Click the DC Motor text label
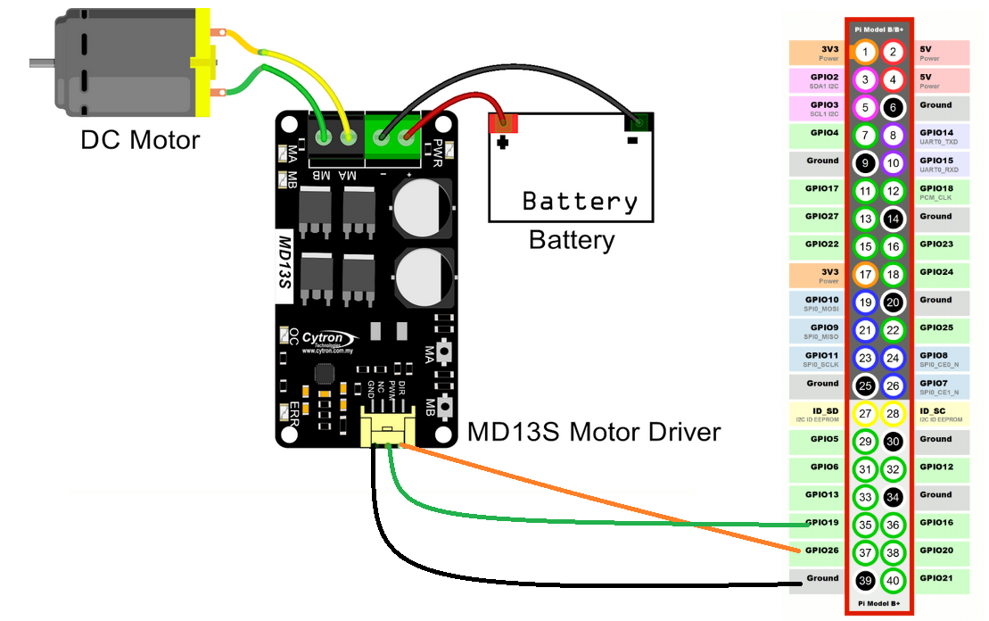[x=140, y=140]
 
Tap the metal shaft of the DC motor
[x=41, y=62]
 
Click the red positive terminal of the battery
[x=503, y=122]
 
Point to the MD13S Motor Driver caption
[x=594, y=433]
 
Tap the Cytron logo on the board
[x=329, y=338]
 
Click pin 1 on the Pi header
[x=865, y=52]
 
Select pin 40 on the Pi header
[x=893, y=581]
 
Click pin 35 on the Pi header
[x=865, y=525]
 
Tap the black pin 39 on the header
[x=865, y=581]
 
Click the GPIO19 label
[x=821, y=523]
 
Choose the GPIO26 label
[x=821, y=551]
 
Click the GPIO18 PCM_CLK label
[x=939, y=192]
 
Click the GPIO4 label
[x=821, y=133]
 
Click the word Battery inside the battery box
[x=580, y=201]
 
